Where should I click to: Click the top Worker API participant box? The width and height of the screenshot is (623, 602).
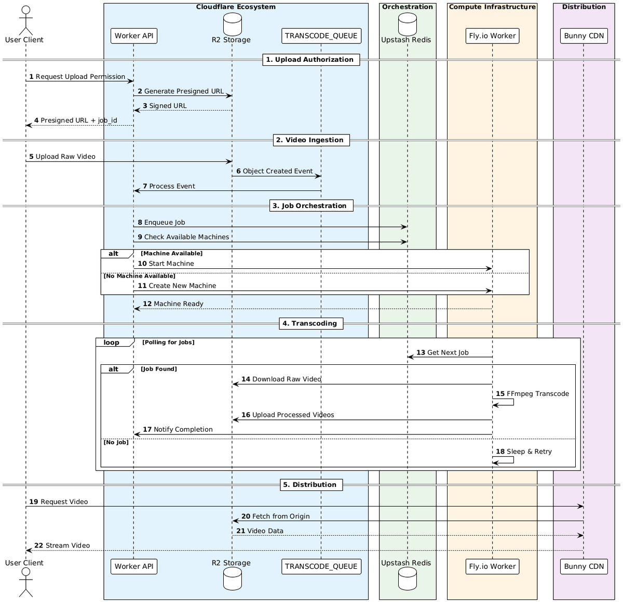[134, 36]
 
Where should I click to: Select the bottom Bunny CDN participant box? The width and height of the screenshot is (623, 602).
[584, 566]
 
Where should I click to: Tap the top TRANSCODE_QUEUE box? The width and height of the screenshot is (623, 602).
[321, 36]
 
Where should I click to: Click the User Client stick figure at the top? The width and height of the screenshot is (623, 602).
[24, 20]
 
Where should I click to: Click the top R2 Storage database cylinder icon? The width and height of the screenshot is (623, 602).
[232, 24]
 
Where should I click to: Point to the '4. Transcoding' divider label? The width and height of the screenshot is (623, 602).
[311, 323]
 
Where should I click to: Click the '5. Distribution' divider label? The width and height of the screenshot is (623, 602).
[311, 485]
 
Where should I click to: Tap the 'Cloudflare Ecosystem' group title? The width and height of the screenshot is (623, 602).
[236, 7]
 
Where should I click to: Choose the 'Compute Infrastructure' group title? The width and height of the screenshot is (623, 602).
[492, 7]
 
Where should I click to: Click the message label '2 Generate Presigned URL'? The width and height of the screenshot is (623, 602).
[181, 91]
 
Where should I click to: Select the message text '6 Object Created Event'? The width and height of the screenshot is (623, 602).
[275, 171]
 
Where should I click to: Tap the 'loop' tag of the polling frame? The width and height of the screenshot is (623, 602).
[111, 343]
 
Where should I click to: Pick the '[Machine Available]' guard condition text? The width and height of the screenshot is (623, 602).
[171, 253]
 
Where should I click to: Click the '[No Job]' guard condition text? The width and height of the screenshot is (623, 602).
[116, 442]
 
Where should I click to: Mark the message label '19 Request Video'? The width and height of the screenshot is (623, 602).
[58, 502]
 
